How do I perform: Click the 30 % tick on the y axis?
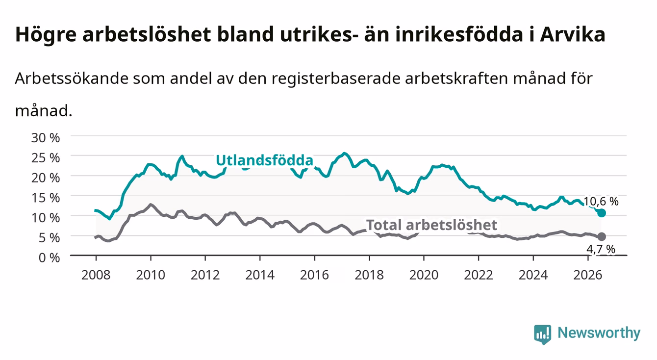pyautogui.click(x=46, y=138)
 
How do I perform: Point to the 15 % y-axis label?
pyautogui.click(x=46, y=198)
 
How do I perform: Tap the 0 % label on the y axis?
pyautogui.click(x=49, y=257)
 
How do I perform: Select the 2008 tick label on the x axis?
pyautogui.click(x=96, y=275)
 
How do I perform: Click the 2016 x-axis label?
pyautogui.click(x=314, y=275)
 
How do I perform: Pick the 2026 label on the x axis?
pyautogui.click(x=588, y=275)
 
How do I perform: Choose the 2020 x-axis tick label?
pyautogui.click(x=424, y=275)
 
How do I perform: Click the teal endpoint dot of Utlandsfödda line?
pyautogui.click(x=602, y=213)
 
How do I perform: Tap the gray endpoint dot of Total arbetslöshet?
pyautogui.click(x=602, y=236)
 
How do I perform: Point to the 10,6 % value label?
pyautogui.click(x=601, y=202)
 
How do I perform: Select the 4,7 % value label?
pyautogui.click(x=601, y=249)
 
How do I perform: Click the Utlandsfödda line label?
pyautogui.click(x=265, y=160)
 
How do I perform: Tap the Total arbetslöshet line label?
pyautogui.click(x=432, y=225)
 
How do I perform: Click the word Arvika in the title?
pyautogui.click(x=573, y=34)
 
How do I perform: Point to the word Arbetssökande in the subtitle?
pyautogui.click(x=72, y=78)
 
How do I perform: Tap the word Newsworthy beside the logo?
pyautogui.click(x=599, y=334)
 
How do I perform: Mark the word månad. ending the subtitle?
pyautogui.click(x=44, y=111)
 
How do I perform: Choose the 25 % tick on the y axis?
pyautogui.click(x=46, y=158)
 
